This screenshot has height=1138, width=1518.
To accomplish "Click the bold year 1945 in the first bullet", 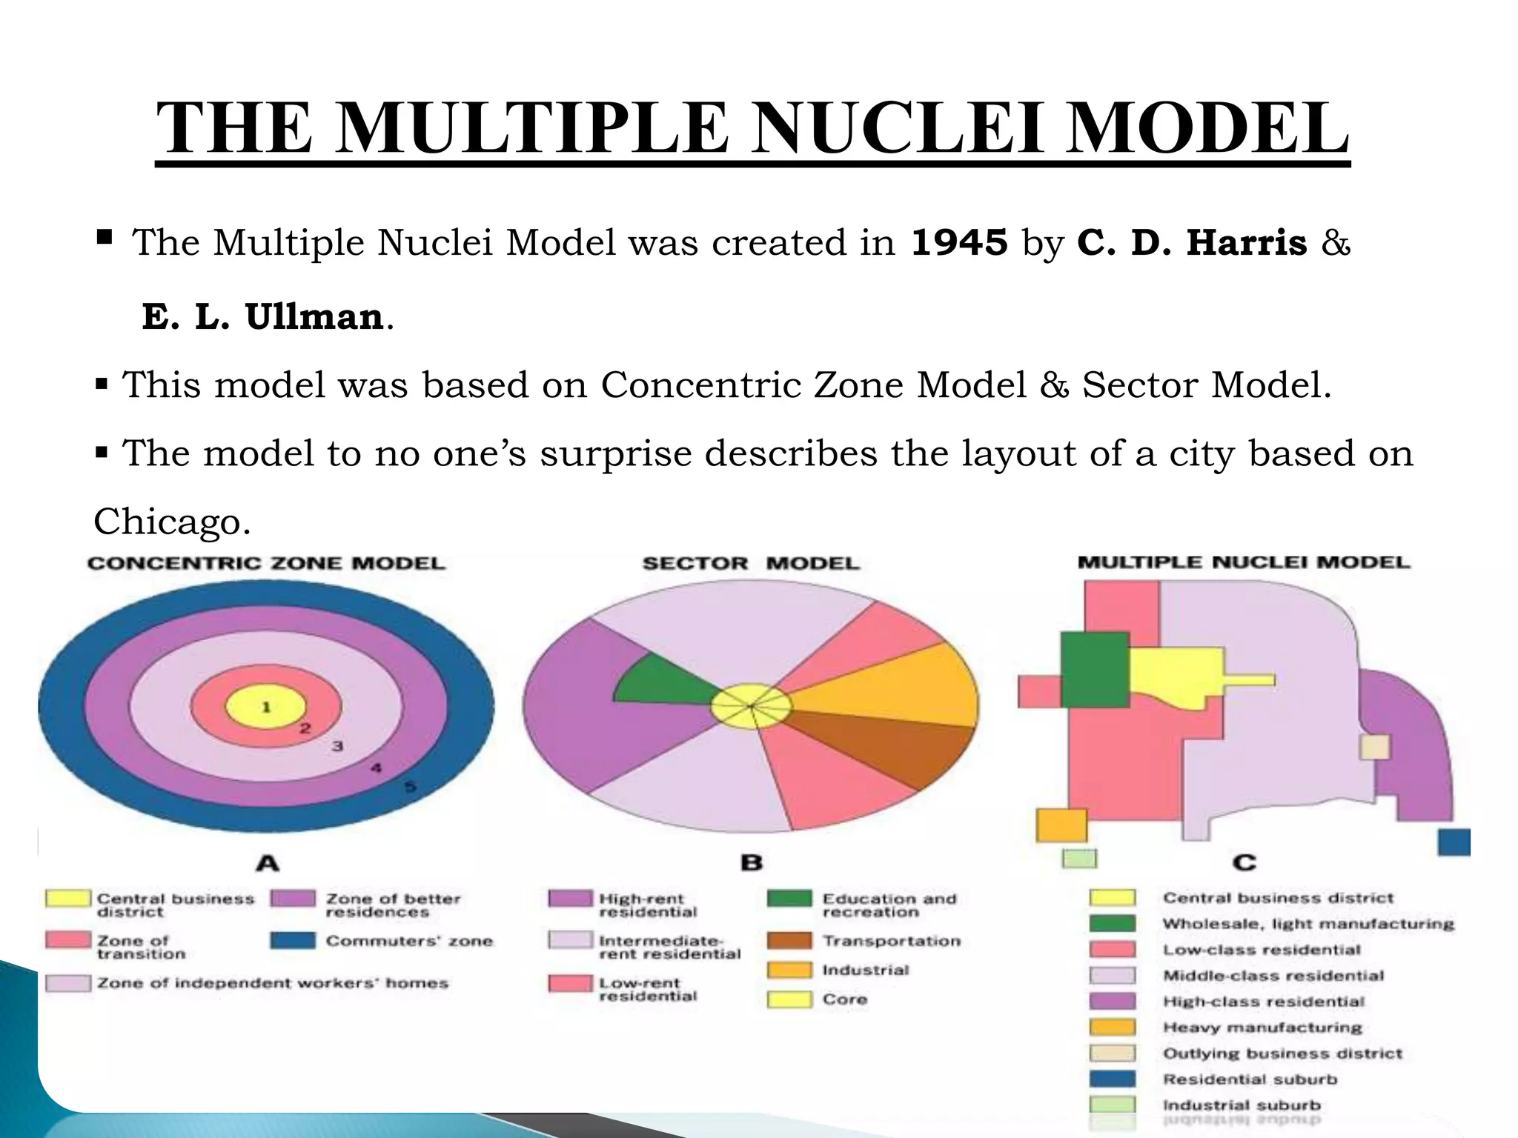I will click(x=959, y=242).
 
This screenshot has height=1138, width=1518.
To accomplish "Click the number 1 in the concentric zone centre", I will click(x=266, y=707).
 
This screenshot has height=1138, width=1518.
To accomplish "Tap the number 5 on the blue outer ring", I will click(x=410, y=786).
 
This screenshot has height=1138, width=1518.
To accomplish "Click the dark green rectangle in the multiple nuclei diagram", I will click(x=1095, y=670).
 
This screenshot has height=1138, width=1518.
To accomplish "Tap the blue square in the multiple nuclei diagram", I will click(x=1454, y=842).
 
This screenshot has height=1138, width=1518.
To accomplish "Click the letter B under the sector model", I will click(x=751, y=862).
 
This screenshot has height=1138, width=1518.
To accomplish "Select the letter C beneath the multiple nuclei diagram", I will click(x=1244, y=862).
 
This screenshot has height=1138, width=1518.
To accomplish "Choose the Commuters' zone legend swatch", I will click(x=292, y=941).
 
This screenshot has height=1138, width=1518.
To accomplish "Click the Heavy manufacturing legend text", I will click(x=1262, y=1028).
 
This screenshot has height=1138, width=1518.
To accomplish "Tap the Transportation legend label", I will click(x=891, y=941).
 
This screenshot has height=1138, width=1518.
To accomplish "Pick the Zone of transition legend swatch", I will click(x=67, y=941).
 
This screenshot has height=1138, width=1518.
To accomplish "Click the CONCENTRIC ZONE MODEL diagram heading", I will click(x=266, y=563).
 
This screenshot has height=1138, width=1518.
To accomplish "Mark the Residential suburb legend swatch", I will click(x=1112, y=1079).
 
